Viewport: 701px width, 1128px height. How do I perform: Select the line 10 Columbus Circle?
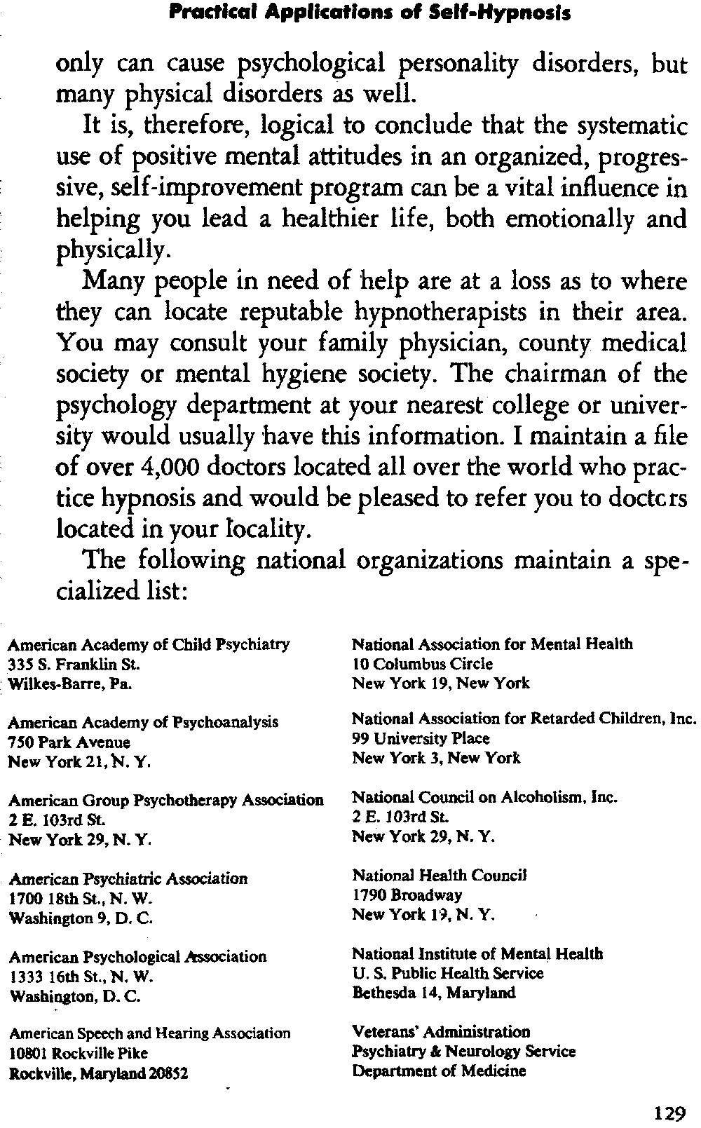422,663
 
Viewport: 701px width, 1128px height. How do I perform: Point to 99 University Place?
421,738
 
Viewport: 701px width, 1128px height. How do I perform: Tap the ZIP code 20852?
166,1073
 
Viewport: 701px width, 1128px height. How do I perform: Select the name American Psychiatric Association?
128,878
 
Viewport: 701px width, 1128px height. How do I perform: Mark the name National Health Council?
439,876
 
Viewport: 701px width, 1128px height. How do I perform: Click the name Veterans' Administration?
441,1032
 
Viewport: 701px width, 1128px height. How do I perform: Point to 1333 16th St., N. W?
81,977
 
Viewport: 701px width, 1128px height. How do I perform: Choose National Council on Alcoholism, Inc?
484,797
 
